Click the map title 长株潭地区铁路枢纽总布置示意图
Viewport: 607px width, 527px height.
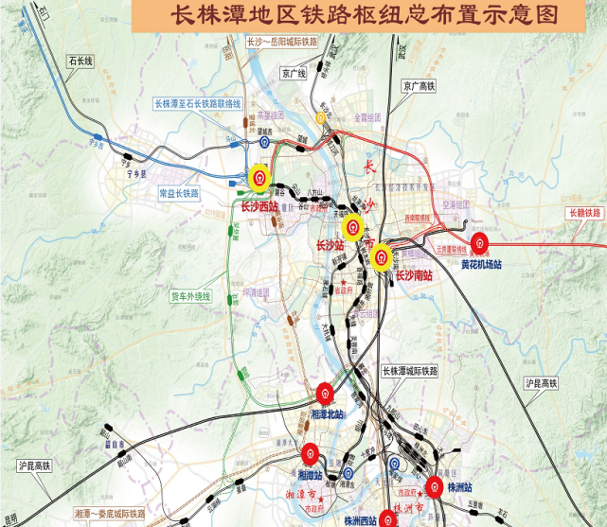363,16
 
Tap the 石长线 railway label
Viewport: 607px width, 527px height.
81,61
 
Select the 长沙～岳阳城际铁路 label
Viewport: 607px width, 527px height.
281,43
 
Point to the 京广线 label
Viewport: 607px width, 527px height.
295,73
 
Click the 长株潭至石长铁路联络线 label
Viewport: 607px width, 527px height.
198,103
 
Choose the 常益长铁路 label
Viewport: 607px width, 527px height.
179,193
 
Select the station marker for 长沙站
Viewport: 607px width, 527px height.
352,227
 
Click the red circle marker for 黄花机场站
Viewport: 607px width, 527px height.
480,243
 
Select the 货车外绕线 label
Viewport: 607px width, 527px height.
191,296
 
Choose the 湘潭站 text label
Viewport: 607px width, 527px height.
310,475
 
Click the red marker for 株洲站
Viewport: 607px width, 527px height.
434,488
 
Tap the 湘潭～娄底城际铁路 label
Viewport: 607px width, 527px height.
110,513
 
